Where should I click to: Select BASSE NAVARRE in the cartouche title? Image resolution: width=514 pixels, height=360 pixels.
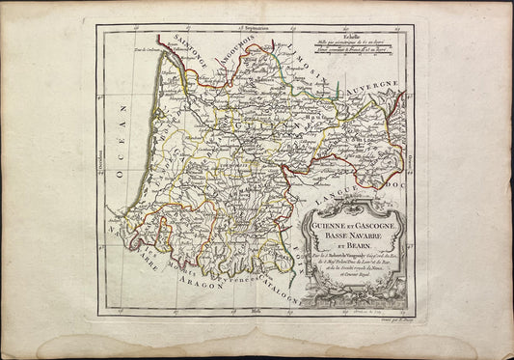click(353, 235)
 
